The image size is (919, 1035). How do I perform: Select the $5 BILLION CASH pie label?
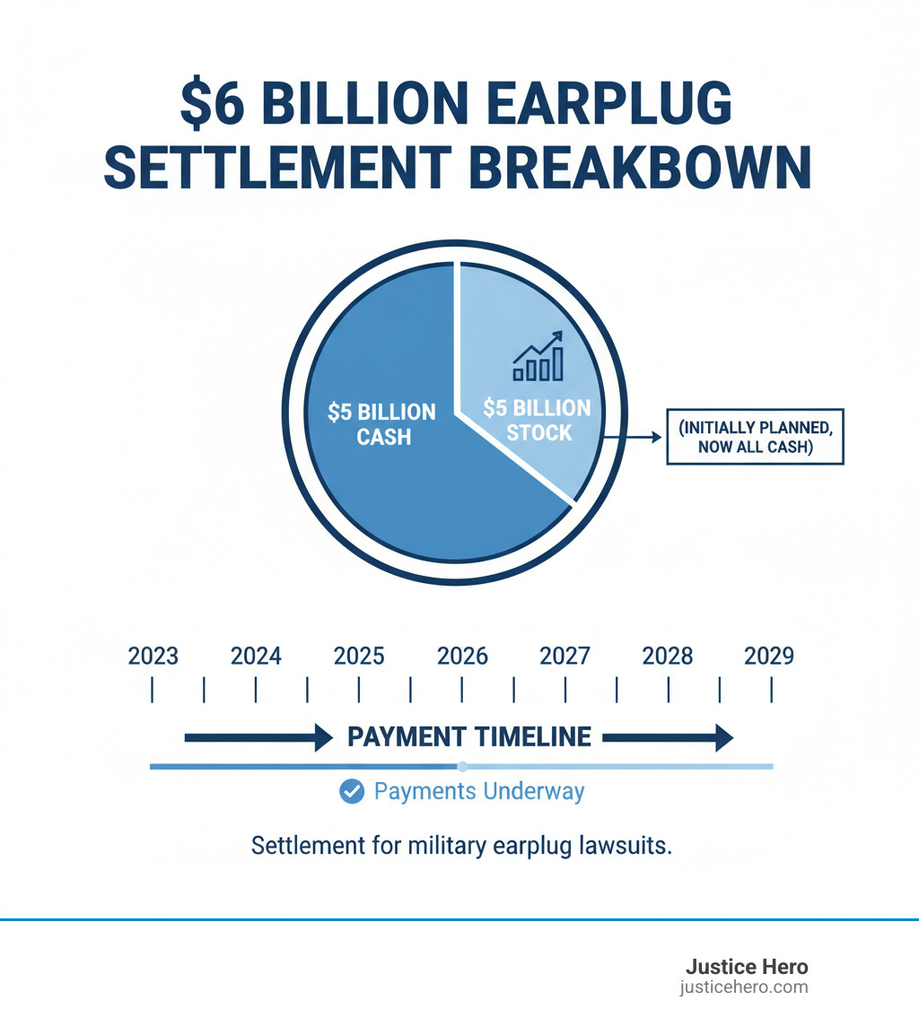pyautogui.click(x=381, y=423)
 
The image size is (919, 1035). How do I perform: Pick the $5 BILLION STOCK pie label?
pyautogui.click(x=538, y=420)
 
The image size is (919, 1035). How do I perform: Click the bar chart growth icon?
pyautogui.click(x=538, y=356)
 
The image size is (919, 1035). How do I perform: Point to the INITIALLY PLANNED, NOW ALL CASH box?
pyautogui.click(x=755, y=437)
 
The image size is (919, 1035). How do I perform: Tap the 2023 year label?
pyautogui.click(x=153, y=656)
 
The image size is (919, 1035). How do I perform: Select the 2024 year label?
pyautogui.click(x=256, y=656)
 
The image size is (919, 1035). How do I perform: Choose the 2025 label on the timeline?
pyautogui.click(x=359, y=656)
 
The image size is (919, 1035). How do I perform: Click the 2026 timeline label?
pyautogui.click(x=462, y=656)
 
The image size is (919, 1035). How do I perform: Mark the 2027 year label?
pyautogui.click(x=565, y=656)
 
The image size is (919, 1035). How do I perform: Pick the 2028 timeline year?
pyautogui.click(x=668, y=656)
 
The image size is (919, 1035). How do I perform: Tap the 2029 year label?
pyautogui.click(x=769, y=656)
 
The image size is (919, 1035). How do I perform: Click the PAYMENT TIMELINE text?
pyautogui.click(x=469, y=737)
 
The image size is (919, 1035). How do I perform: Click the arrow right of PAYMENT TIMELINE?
pyautogui.click(x=668, y=738)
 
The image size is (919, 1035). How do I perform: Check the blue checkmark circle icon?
pyautogui.click(x=352, y=792)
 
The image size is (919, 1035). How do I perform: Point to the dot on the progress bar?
pyautogui.click(x=462, y=767)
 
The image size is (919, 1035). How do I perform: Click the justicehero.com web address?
pyautogui.click(x=744, y=987)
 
